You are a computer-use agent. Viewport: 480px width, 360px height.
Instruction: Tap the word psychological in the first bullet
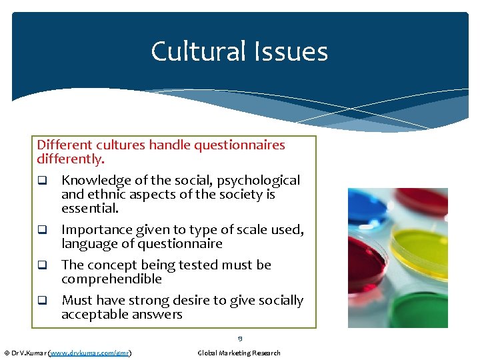(x=263, y=180)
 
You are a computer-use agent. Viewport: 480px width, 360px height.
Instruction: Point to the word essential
(x=90, y=208)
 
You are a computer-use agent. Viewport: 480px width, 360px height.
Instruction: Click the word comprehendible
(x=111, y=279)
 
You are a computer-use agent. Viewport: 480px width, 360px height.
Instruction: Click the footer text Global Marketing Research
(x=239, y=353)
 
